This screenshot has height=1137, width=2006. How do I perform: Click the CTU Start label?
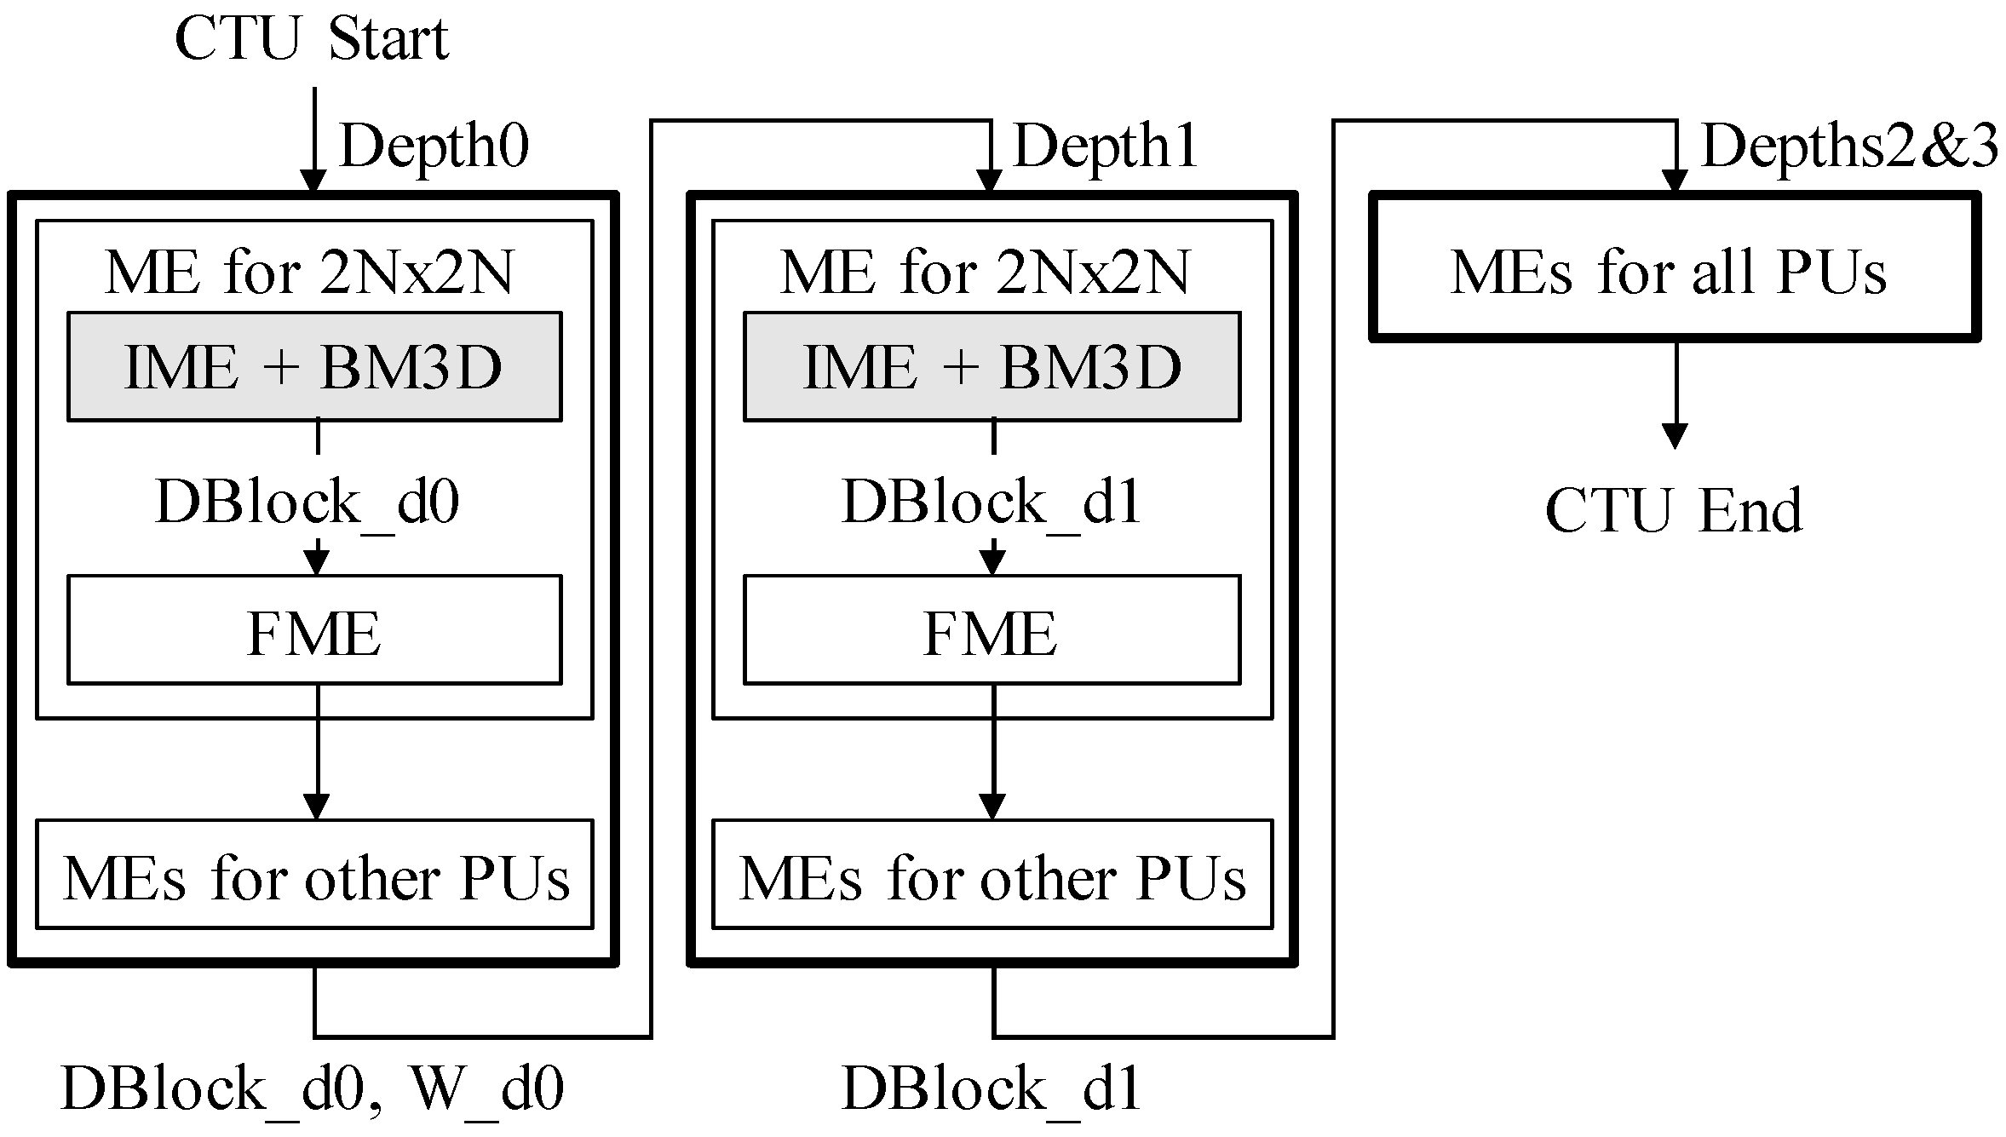click(311, 39)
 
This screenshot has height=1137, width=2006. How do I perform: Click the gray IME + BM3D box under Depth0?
click(314, 367)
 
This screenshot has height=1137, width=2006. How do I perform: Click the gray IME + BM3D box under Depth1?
click(992, 367)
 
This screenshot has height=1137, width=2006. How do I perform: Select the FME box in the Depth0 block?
click(314, 631)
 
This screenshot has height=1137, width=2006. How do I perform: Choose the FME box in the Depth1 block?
click(992, 631)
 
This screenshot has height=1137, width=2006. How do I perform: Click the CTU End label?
click(1673, 511)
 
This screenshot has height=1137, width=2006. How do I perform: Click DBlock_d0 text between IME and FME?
click(307, 502)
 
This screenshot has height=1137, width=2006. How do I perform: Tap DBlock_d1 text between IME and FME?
click(992, 502)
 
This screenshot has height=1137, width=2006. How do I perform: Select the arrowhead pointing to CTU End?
click(1675, 436)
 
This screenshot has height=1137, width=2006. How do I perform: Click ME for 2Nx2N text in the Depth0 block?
click(310, 273)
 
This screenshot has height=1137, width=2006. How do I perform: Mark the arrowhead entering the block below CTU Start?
click(314, 181)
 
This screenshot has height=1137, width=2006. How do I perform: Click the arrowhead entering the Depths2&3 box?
click(1675, 181)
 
